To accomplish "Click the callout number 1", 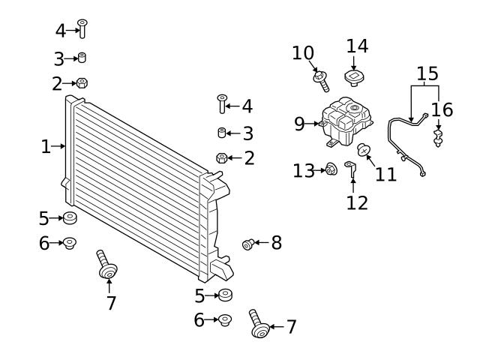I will point(46,146).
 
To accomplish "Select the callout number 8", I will point(276,242).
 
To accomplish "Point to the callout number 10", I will point(303,52).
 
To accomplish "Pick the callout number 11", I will point(385,175).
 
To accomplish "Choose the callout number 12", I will point(358,202).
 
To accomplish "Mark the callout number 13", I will point(303,171).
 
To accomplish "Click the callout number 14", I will point(357,45).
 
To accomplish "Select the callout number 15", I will point(427,73).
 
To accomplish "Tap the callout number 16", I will point(442,109).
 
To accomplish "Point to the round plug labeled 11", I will point(364,150).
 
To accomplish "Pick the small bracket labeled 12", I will point(350,169).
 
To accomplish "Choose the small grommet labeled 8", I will point(248,243).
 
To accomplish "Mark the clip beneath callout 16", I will point(439,137).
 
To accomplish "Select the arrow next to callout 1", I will point(61,146).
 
